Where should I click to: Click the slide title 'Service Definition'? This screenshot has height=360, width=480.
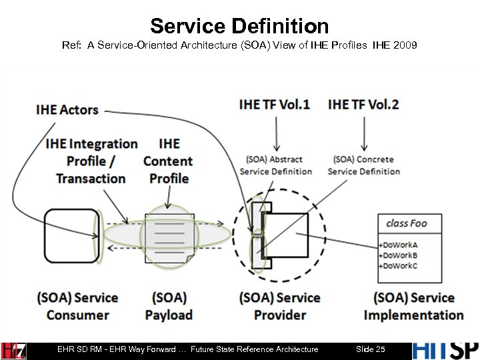click(x=239, y=26)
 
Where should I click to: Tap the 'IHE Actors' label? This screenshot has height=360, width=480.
click(x=67, y=110)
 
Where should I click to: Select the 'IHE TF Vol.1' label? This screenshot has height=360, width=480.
click(x=274, y=104)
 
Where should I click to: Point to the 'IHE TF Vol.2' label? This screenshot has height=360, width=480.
click(x=363, y=104)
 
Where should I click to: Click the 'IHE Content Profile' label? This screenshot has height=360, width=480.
click(x=169, y=161)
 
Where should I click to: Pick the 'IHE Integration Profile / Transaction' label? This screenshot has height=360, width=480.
click(x=91, y=161)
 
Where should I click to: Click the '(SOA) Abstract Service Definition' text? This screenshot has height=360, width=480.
click(x=275, y=165)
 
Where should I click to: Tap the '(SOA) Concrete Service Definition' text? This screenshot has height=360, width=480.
click(x=364, y=165)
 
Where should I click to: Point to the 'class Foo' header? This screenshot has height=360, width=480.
click(x=406, y=223)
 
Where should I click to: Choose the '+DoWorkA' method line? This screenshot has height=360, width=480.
click(x=397, y=244)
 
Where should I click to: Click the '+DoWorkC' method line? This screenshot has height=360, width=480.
click(x=397, y=265)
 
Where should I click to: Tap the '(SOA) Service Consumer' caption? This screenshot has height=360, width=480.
click(x=77, y=306)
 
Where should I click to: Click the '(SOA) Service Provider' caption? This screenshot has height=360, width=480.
click(x=280, y=306)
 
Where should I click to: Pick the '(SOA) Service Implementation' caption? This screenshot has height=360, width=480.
click(x=413, y=306)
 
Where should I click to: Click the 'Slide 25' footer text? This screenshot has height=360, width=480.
click(x=371, y=349)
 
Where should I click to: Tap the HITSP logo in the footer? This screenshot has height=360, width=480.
click(x=445, y=349)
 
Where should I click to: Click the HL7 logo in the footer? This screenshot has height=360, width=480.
click(x=13, y=350)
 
